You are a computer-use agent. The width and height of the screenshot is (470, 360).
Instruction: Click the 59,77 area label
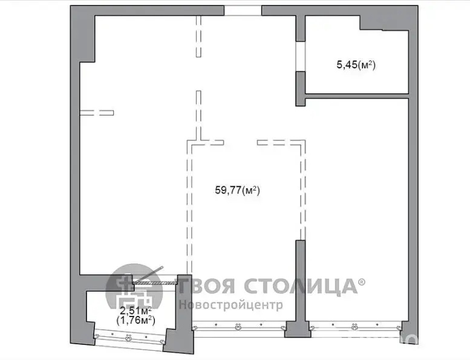click(237, 190)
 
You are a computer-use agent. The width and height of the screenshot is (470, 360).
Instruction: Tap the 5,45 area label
click(356, 65)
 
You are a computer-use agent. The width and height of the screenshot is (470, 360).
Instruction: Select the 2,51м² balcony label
click(135, 310)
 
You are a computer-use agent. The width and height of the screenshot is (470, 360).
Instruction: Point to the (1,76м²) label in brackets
click(135, 320)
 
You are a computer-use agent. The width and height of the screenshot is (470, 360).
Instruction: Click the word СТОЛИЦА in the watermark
click(302, 286)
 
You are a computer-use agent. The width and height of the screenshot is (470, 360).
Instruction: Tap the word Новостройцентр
click(231, 305)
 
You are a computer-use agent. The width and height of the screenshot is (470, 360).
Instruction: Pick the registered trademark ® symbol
click(362, 282)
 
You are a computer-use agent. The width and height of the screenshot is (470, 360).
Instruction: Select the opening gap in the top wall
click(243, 10)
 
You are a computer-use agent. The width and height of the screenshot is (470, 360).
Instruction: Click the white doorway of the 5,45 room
click(301, 56)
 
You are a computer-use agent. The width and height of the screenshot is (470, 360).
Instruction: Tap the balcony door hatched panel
click(155, 283)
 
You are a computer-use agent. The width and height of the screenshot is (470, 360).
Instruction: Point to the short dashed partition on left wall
click(97, 113)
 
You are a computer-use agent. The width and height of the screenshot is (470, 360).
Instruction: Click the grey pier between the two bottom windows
click(298, 329)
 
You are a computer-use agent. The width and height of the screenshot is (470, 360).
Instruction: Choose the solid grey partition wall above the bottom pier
click(301, 280)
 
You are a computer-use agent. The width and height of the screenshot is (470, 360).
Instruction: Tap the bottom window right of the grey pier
click(356, 326)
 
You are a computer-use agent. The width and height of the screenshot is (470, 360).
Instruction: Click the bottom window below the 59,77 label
click(238, 326)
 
